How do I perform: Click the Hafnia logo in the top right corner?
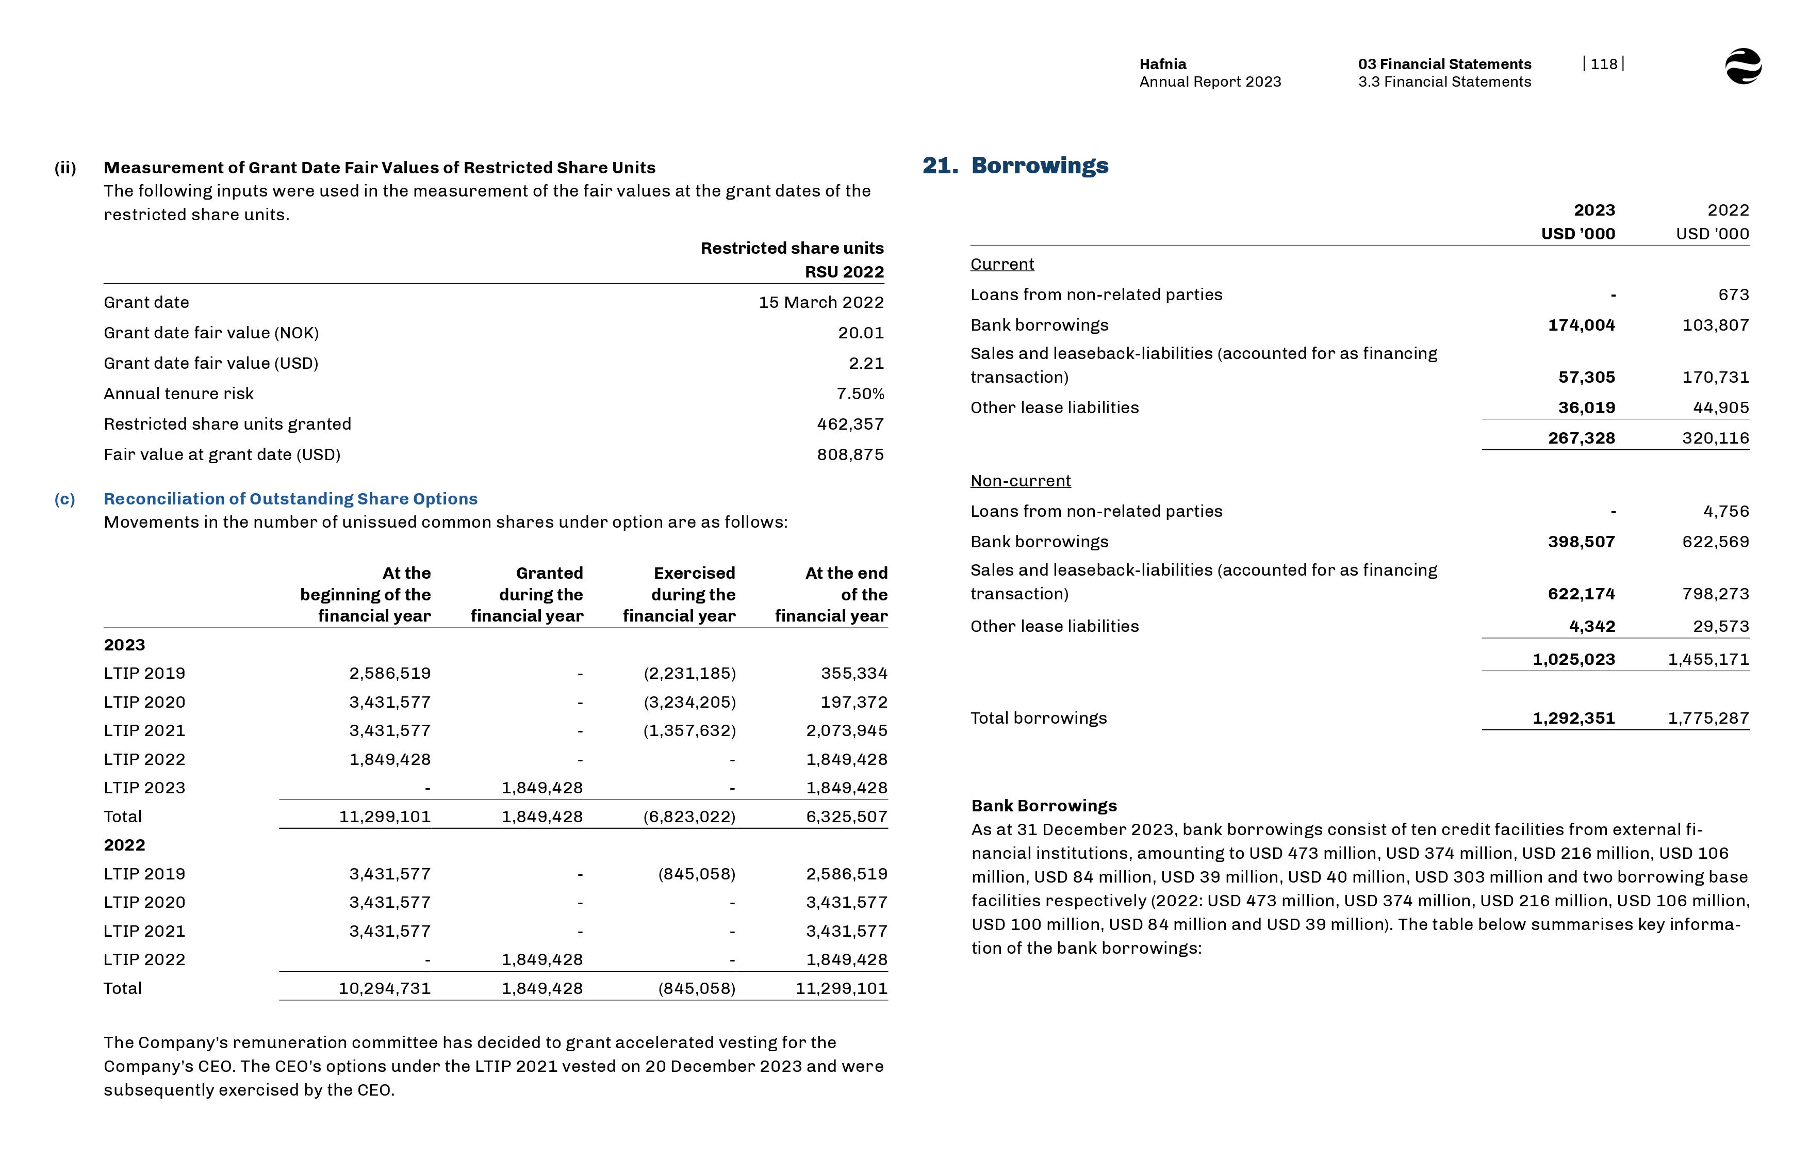tap(1743, 66)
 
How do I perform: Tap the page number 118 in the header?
tap(1603, 64)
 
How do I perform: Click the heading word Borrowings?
tap(1040, 166)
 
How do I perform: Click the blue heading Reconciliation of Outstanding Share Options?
tap(290, 499)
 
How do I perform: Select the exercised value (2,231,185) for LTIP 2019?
tap(689, 673)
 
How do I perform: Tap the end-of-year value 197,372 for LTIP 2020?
tap(854, 703)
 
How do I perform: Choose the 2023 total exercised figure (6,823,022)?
tap(689, 817)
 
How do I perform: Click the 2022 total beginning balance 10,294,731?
tap(384, 988)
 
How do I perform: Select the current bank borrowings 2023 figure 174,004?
tap(1581, 325)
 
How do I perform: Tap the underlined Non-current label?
tap(1020, 481)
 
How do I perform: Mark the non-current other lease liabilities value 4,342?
tap(1592, 626)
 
